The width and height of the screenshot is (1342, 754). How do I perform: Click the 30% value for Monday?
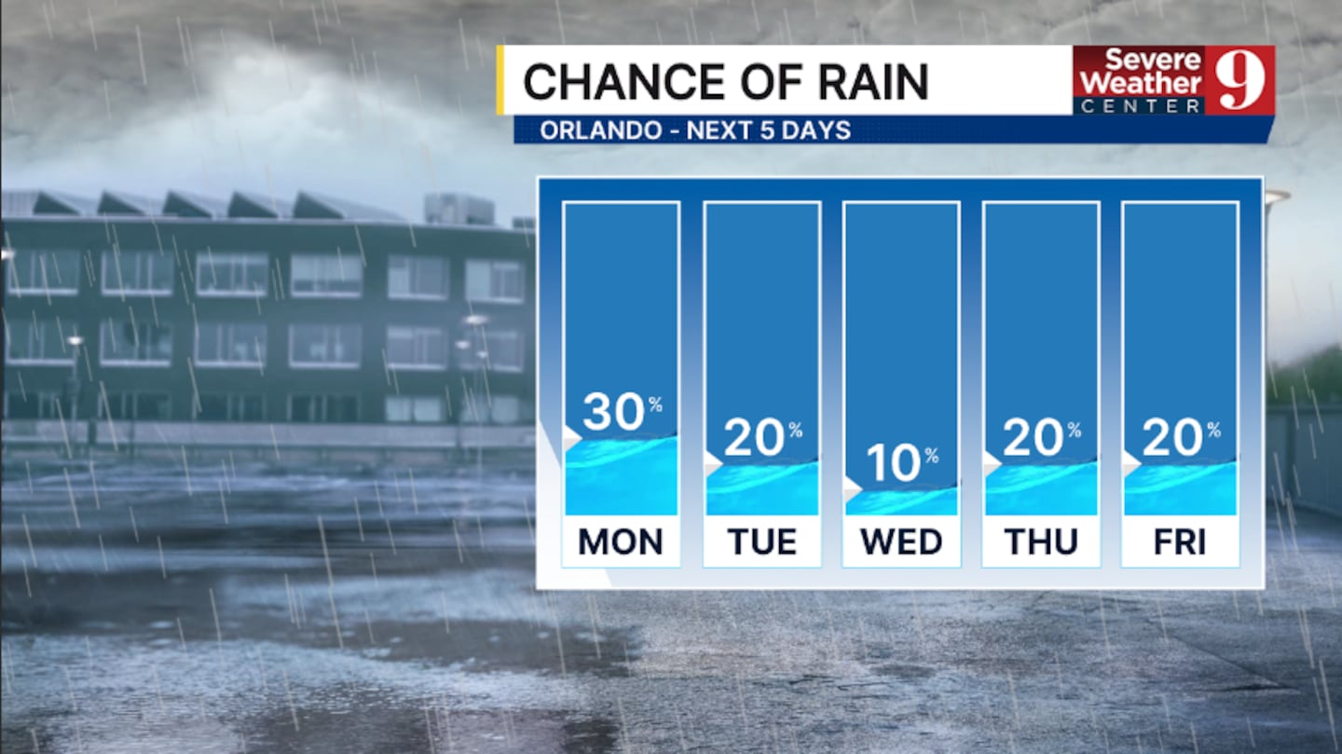pos(623,411)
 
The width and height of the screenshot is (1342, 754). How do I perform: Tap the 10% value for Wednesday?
pos(902,462)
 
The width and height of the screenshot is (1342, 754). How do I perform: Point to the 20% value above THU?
pos(1042,437)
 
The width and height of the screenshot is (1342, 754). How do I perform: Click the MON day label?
pos(621,542)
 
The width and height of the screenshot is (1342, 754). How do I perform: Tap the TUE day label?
pos(762,542)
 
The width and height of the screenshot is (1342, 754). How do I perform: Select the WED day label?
pos(902,542)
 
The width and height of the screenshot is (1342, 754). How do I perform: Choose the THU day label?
pos(1041,542)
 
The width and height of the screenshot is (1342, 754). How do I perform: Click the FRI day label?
pos(1180,542)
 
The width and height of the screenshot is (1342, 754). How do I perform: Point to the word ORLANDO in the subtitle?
pos(601,130)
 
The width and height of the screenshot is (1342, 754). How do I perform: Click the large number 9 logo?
pos(1239,80)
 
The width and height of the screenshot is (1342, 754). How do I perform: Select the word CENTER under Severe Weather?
pos(1141,106)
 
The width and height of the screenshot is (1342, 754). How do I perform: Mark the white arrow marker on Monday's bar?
pos(572,436)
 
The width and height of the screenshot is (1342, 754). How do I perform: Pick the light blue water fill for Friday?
pos(1180,489)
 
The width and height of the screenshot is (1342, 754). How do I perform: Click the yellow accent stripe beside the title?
pos(500,80)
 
